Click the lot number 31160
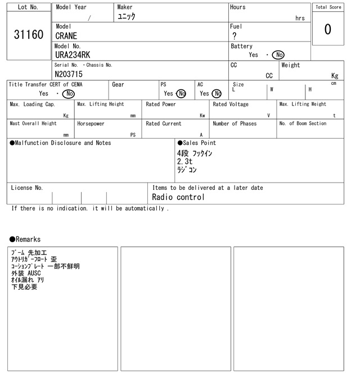(x=28, y=35)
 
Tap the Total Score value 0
(x=327, y=29)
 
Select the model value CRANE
(x=66, y=36)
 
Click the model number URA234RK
(x=73, y=54)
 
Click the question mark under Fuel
(x=234, y=36)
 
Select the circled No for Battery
(x=277, y=54)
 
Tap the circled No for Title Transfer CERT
(x=68, y=94)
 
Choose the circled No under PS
(x=181, y=94)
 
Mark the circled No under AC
(x=217, y=94)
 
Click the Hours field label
(x=237, y=7)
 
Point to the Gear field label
(x=118, y=84)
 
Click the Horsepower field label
(x=91, y=124)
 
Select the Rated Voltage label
(x=231, y=104)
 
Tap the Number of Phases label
(x=235, y=124)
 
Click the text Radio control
(x=178, y=197)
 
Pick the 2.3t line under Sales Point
(x=184, y=161)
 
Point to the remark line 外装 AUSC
(x=26, y=273)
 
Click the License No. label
(x=27, y=188)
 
